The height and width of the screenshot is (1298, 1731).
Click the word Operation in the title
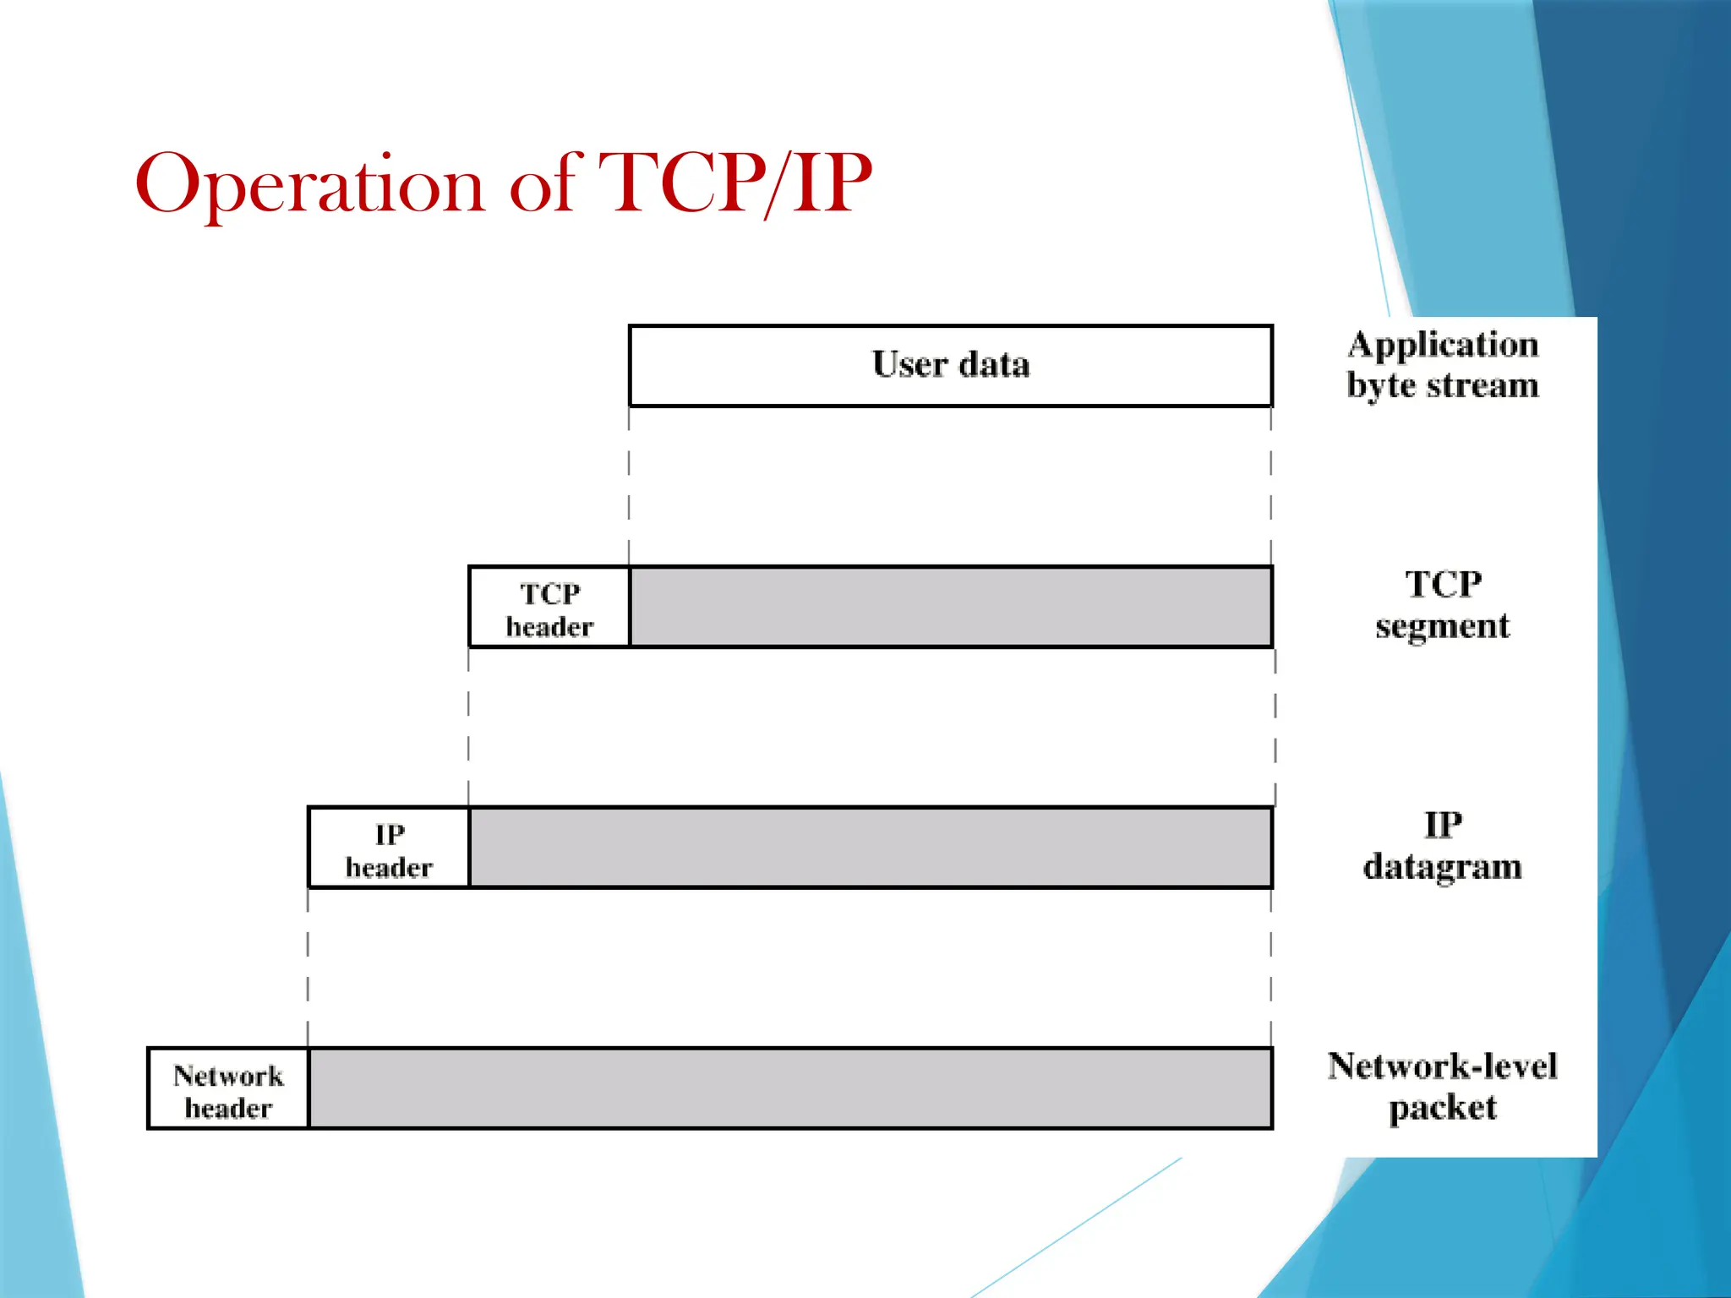pyautogui.click(x=309, y=184)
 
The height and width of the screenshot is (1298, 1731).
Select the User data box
pyautogui.click(x=950, y=365)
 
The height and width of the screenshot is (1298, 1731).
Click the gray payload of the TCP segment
pyautogui.click(x=950, y=607)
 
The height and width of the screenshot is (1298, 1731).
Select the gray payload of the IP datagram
pyautogui.click(x=871, y=848)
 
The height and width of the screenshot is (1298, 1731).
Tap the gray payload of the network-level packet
pyautogui.click(x=789, y=1088)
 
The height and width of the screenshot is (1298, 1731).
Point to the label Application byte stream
pyautogui.click(x=1442, y=365)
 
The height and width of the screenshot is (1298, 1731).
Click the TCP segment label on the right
pyautogui.click(x=1442, y=605)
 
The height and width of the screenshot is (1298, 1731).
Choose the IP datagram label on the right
pyautogui.click(x=1442, y=846)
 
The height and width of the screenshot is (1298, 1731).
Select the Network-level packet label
pyautogui.click(x=1442, y=1087)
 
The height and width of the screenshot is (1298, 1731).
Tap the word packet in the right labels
pyautogui.click(x=1442, y=1108)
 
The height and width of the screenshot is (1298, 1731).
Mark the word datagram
pyautogui.click(x=1442, y=867)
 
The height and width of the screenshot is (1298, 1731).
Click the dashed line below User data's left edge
pyautogui.click(x=629, y=486)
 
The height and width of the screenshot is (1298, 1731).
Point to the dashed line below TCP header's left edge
pyautogui.click(x=468, y=727)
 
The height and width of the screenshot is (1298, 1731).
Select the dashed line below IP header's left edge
pyautogui.click(x=308, y=968)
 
